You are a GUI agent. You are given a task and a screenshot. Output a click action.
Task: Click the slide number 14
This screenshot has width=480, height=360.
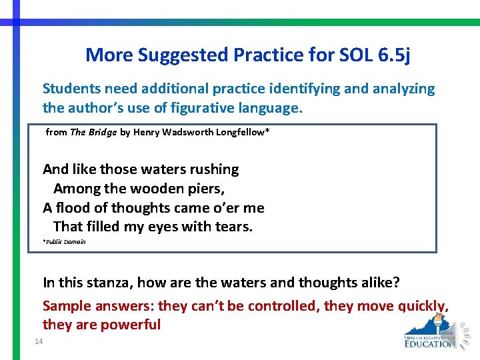[x=37, y=342]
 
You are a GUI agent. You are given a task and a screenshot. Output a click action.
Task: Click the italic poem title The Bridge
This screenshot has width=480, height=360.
[x=93, y=132]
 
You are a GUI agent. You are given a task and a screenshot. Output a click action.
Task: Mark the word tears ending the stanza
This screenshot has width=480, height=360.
[x=233, y=227]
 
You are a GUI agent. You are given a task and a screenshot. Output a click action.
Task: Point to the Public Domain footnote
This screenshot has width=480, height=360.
[x=65, y=242]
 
